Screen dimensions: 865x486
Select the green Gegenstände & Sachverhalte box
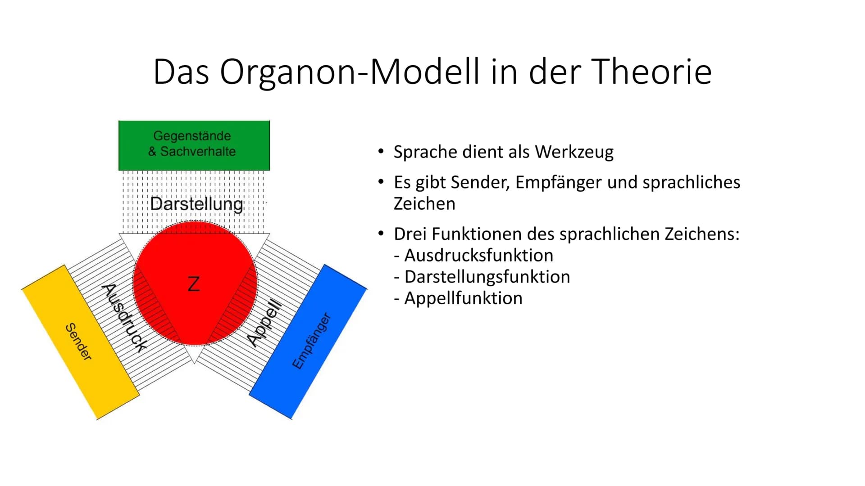[x=194, y=145]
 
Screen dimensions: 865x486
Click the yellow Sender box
[x=80, y=342]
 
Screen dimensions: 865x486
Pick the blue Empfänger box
[x=308, y=342]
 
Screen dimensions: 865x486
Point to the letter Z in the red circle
[x=193, y=284]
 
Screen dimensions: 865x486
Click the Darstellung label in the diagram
[x=196, y=204]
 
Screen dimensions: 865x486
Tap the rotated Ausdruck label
[x=124, y=318]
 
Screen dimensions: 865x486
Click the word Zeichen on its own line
[x=424, y=203]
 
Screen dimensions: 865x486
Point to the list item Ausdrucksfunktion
[x=473, y=255]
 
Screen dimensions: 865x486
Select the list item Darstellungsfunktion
[x=482, y=276]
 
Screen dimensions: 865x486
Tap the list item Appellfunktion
[x=458, y=298]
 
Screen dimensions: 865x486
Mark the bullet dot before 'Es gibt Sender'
[x=381, y=182]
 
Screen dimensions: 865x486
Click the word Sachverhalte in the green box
[x=198, y=151]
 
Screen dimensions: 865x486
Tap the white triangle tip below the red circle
[x=194, y=363]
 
